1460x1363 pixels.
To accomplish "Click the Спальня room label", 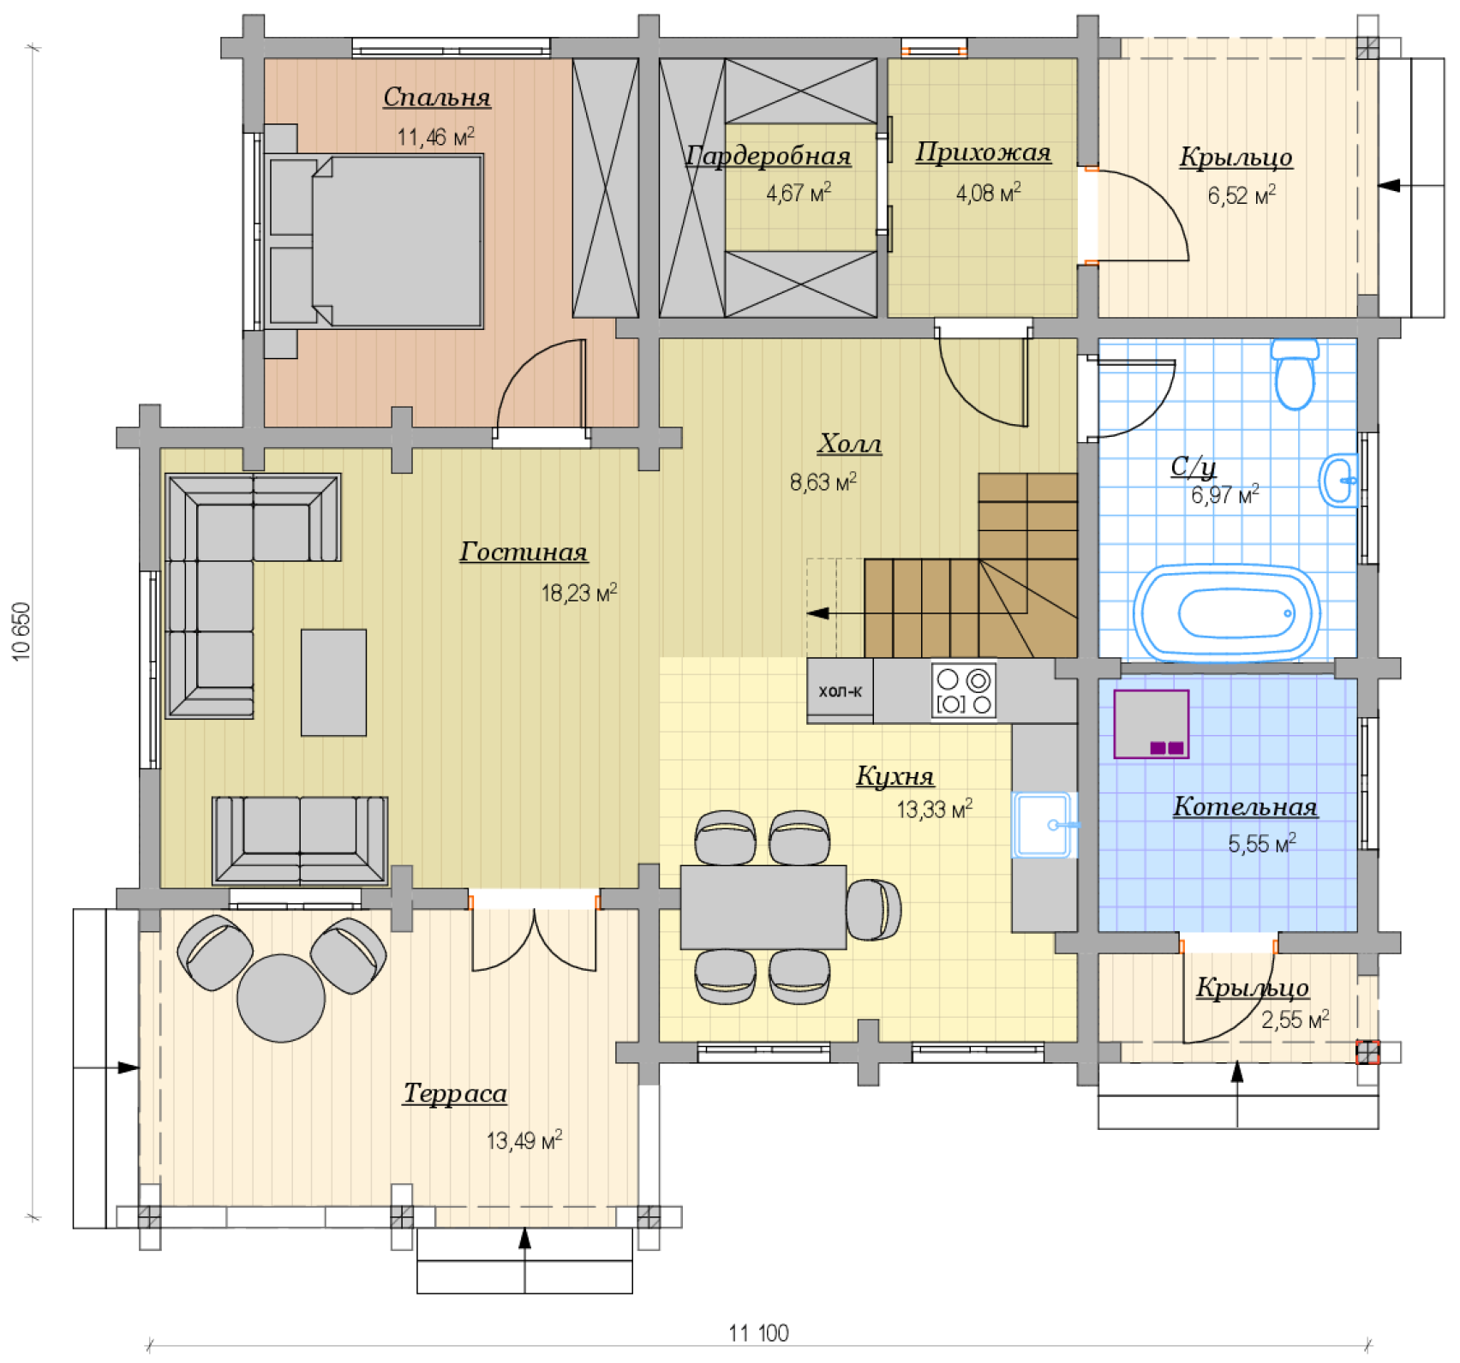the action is click(x=436, y=97).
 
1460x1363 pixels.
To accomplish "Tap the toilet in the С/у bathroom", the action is click(x=1294, y=374).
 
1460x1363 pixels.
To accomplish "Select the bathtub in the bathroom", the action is click(x=1227, y=613).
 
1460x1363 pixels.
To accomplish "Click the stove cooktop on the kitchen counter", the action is click(x=964, y=690).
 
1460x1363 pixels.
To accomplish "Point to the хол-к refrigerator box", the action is click(x=840, y=690).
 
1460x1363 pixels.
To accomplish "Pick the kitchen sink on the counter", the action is click(x=1044, y=825).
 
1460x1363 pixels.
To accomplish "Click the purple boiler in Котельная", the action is click(x=1151, y=724).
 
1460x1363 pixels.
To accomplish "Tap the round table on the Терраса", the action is click(x=281, y=998).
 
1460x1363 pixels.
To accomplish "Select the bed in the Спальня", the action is click(x=374, y=241).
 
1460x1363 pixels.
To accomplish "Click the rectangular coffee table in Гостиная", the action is click(x=333, y=683).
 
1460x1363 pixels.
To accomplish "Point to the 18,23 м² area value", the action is click(x=579, y=593).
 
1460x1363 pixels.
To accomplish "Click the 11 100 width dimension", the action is click(x=758, y=1333).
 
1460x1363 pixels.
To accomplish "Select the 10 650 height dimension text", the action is click(x=21, y=631).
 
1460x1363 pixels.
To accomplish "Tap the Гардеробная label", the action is click(x=768, y=156).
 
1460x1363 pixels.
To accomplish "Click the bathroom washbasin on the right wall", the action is click(x=1338, y=481).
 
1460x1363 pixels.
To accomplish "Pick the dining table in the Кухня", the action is click(x=763, y=907).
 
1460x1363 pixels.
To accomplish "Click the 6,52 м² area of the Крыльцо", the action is click(x=1242, y=195).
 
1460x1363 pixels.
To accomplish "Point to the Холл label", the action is click(x=849, y=444).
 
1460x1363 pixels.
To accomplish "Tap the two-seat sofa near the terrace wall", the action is click(x=300, y=840).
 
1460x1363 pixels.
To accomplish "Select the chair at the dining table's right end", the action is click(x=873, y=909).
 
